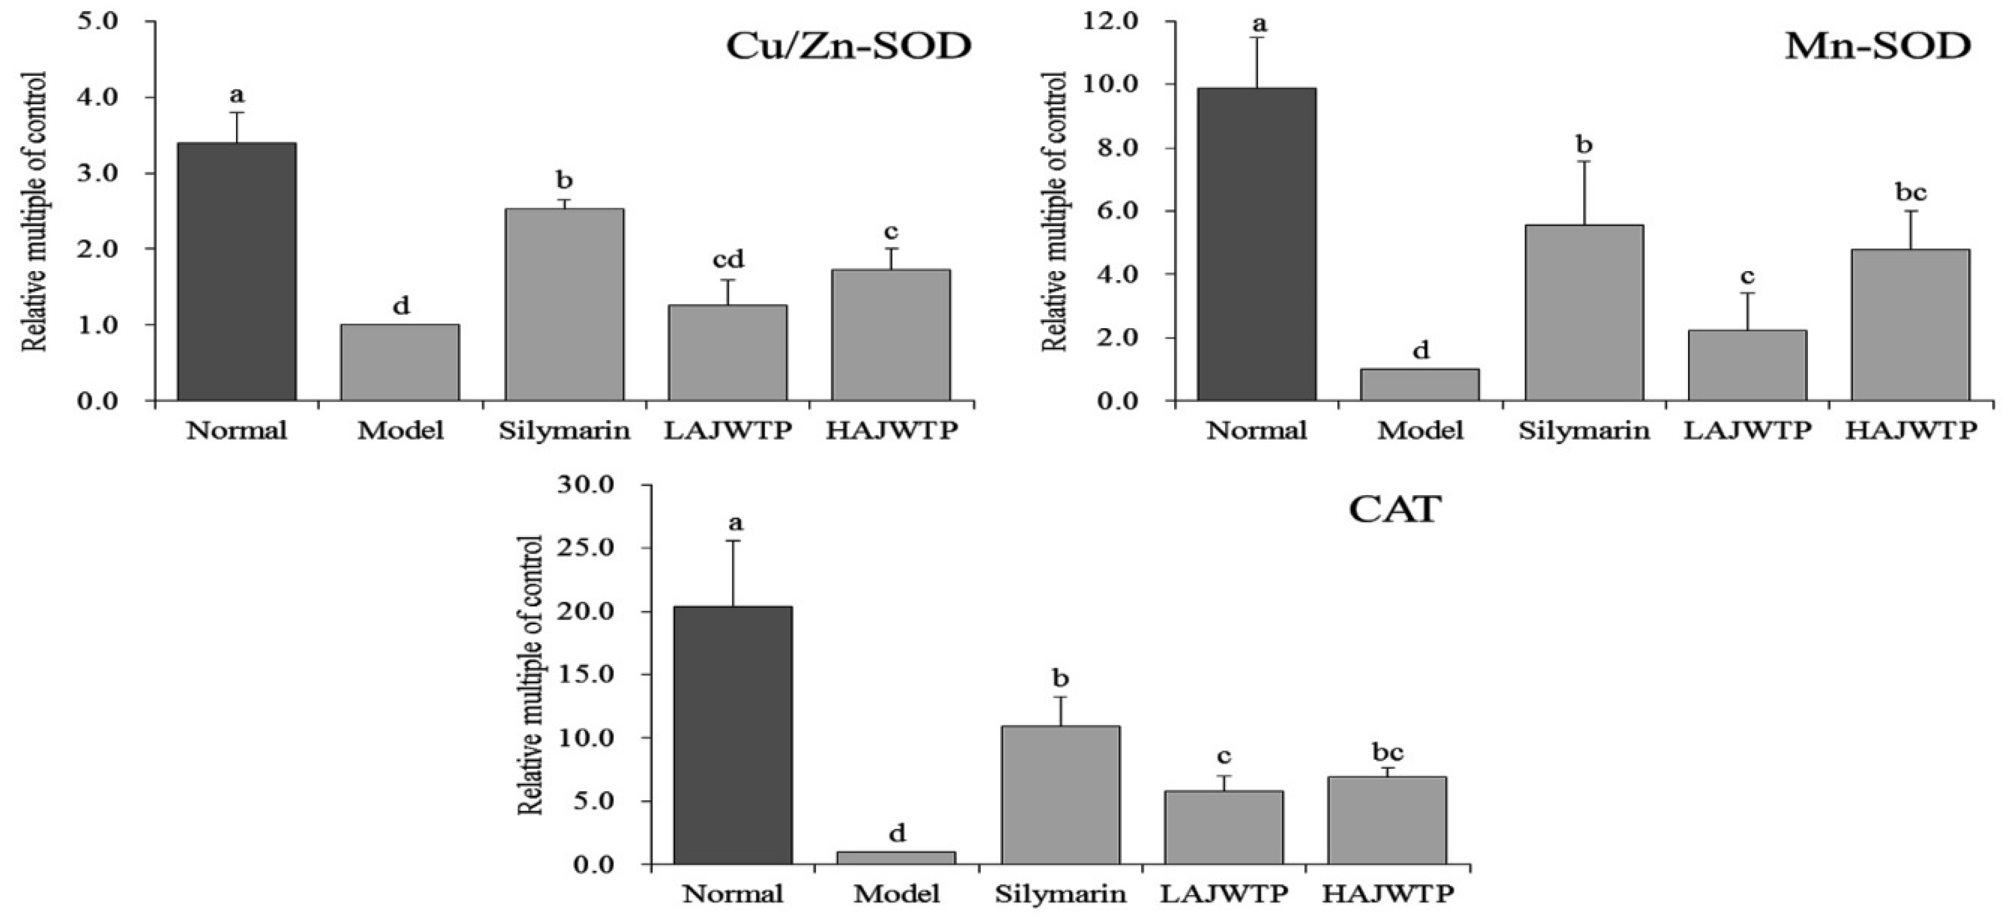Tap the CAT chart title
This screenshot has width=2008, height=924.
click(1395, 510)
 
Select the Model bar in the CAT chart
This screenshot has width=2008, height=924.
click(896, 858)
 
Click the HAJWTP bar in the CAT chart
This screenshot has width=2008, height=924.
click(1387, 820)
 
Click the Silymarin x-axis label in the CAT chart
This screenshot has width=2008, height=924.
click(1060, 894)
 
